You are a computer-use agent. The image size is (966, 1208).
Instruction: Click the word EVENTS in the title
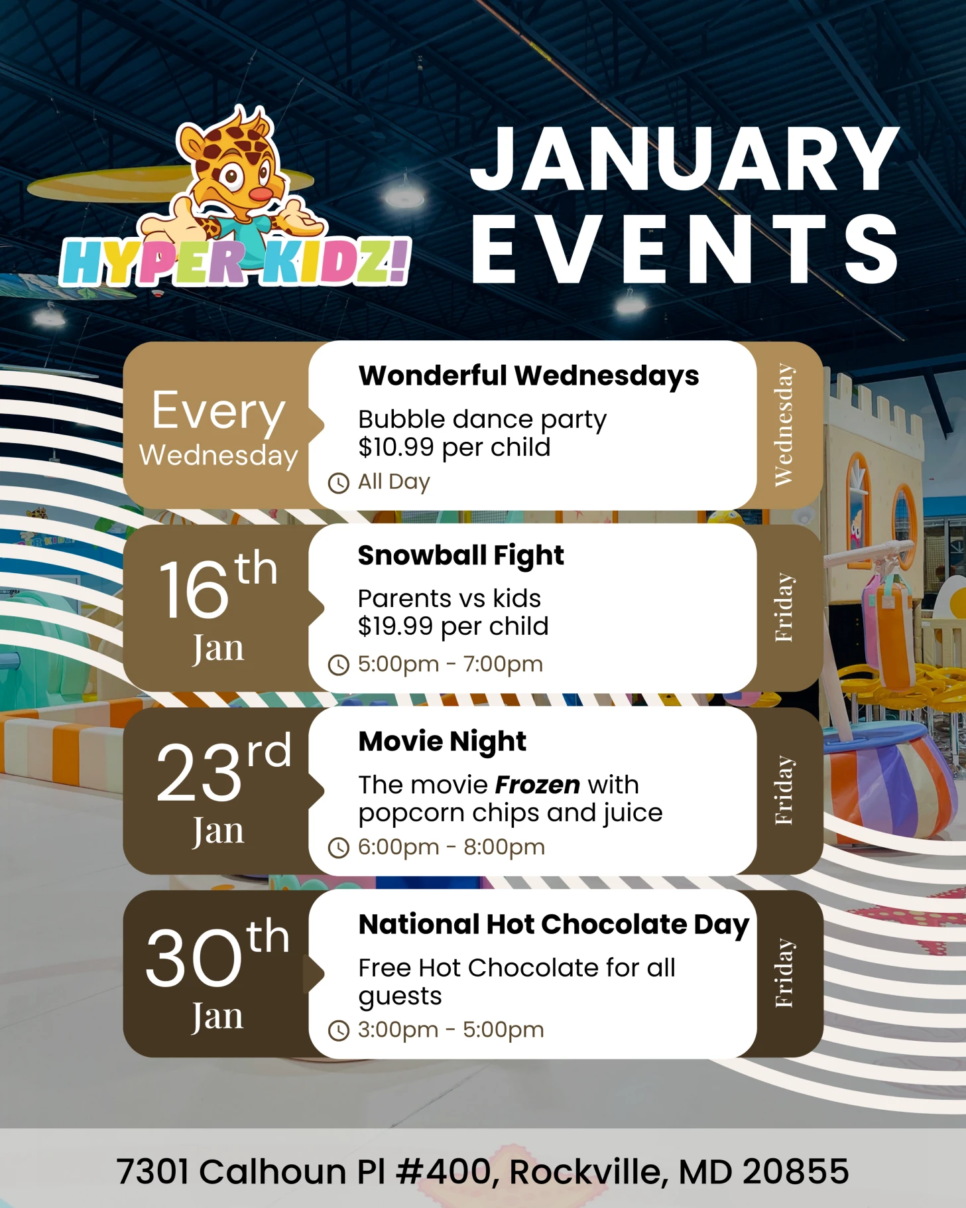click(x=684, y=249)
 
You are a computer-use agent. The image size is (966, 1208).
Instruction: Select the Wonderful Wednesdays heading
click(x=528, y=375)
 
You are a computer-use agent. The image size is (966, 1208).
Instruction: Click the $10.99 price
click(x=396, y=448)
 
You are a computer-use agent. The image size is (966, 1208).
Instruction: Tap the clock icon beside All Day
click(x=338, y=483)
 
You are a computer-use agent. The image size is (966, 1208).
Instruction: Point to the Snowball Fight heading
click(x=461, y=555)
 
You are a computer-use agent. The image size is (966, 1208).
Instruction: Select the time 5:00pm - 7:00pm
click(x=450, y=664)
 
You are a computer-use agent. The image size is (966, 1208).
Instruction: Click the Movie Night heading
click(x=442, y=741)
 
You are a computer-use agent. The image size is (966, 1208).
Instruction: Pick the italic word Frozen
click(x=537, y=785)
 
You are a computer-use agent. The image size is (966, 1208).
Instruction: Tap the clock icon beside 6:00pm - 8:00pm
click(x=338, y=848)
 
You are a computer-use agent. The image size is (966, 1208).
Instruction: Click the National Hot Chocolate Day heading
click(x=554, y=924)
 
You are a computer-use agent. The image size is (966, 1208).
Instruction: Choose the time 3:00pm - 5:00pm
click(x=451, y=1030)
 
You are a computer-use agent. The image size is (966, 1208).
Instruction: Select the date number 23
click(x=199, y=772)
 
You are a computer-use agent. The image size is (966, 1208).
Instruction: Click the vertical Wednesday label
click(x=784, y=425)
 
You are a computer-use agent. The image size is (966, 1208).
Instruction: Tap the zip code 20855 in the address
click(x=796, y=1172)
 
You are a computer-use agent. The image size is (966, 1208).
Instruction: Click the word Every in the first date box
click(x=218, y=411)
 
